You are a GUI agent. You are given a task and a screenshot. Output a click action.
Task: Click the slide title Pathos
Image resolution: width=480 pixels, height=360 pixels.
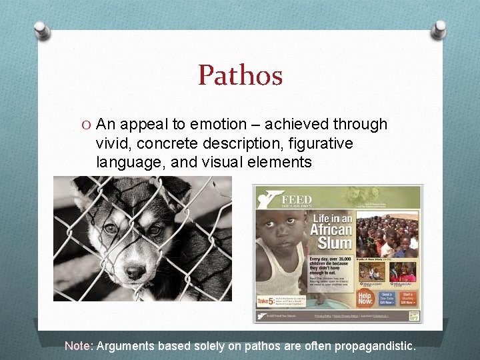[x=240, y=75]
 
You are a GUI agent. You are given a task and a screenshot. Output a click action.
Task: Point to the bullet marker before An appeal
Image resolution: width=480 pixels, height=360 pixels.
[x=87, y=125]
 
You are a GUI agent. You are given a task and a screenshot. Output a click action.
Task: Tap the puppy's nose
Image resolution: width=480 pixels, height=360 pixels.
[x=135, y=271]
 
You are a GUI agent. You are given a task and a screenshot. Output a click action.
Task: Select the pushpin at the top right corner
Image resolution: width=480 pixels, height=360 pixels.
[x=438, y=29]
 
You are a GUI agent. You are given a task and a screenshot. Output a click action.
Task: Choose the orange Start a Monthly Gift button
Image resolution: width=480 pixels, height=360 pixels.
[x=408, y=297]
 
